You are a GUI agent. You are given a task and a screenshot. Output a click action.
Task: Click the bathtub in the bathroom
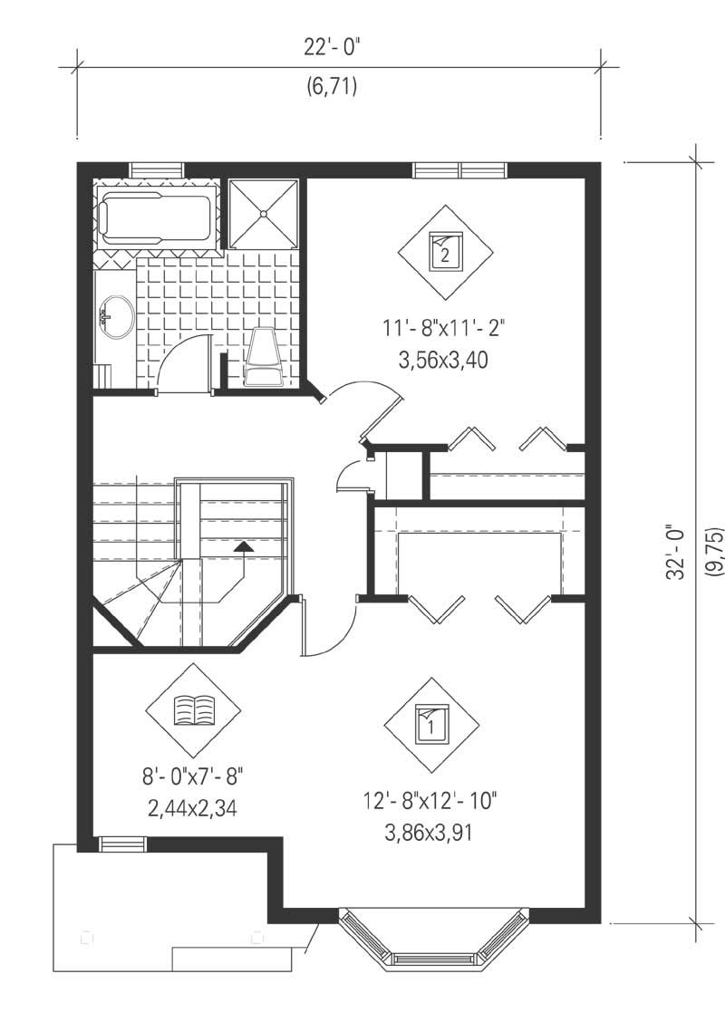pyautogui.click(x=157, y=217)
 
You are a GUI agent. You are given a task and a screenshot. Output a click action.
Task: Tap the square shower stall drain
pyautogui.click(x=264, y=214)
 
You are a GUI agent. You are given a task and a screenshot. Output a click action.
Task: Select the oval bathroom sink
pyautogui.click(x=115, y=316)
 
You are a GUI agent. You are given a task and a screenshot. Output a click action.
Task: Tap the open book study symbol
pyautogui.click(x=193, y=710)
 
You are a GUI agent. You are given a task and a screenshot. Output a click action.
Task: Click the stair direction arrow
pyautogui.click(x=243, y=546)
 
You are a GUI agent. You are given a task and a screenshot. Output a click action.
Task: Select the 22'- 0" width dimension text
pyautogui.click(x=332, y=49)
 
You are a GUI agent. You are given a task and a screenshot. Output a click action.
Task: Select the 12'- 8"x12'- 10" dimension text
pyautogui.click(x=430, y=802)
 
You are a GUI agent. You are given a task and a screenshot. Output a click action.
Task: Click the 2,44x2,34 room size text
pyautogui.click(x=192, y=808)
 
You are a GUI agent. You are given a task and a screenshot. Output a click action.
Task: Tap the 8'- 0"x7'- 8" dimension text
pyautogui.click(x=193, y=776)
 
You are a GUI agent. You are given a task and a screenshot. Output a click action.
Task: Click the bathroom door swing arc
pyautogui.click(x=184, y=359)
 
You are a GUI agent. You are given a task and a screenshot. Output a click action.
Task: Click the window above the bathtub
pyautogui.click(x=157, y=169)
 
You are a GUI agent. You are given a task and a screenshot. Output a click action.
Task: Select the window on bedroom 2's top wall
pyautogui.click(x=459, y=169)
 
